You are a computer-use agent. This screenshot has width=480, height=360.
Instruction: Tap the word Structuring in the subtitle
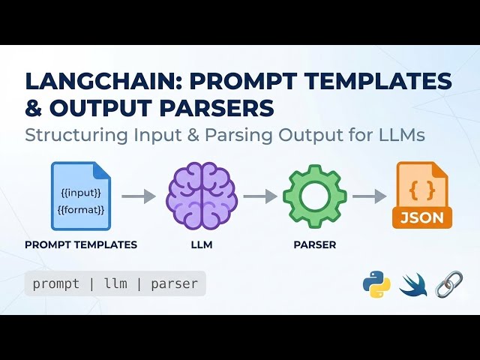coord(73,136)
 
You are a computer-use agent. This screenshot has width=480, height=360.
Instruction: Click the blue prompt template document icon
coord(80,196)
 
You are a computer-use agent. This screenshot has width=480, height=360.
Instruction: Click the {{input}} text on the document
coord(80,193)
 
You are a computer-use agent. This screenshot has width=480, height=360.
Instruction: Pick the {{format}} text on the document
coord(80,210)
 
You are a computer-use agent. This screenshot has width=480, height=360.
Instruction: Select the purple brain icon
coord(201,196)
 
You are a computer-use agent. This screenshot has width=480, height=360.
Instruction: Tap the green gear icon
coord(316,196)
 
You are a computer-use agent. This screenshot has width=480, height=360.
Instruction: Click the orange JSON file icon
coord(421,196)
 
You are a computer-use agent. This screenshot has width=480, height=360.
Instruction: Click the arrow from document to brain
coord(139,197)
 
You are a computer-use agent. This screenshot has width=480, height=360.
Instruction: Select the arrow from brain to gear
coord(259,197)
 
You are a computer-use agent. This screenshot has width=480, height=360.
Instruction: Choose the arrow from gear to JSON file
coord(370,197)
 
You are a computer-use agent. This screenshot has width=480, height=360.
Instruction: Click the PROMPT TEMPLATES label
coord(81,244)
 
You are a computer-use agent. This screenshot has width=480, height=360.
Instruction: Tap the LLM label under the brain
coord(201,244)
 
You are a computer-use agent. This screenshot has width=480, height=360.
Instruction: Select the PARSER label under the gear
coord(316,244)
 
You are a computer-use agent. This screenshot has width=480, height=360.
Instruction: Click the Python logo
coord(376,285)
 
